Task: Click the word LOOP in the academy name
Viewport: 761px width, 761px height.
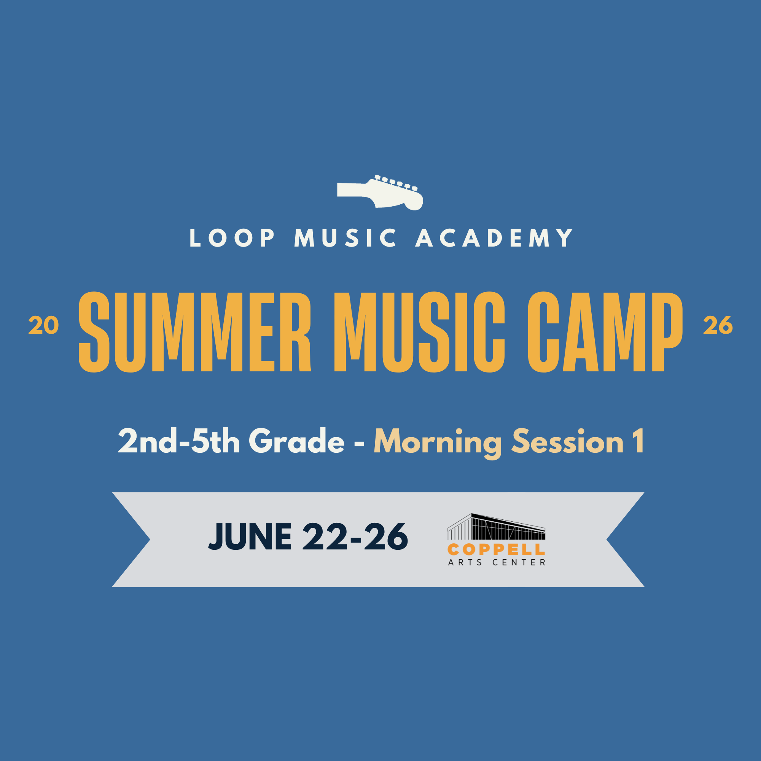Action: coord(232,238)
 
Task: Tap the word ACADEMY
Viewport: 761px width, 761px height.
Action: coord(494,238)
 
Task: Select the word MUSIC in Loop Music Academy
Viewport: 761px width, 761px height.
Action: coord(345,238)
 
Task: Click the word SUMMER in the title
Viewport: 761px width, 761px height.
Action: coord(195,332)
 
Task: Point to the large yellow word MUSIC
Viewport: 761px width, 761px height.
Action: coord(419,332)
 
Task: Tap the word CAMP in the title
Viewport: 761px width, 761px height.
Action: coord(605,332)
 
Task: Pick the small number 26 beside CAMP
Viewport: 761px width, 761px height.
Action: coord(718,326)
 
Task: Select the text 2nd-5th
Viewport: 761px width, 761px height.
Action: coord(179,441)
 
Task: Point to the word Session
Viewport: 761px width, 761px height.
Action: coord(568,441)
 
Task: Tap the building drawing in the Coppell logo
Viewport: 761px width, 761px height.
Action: coord(496,527)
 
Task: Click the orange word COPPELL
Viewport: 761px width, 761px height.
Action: coord(496,549)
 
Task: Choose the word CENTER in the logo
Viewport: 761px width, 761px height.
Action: coord(519,562)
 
